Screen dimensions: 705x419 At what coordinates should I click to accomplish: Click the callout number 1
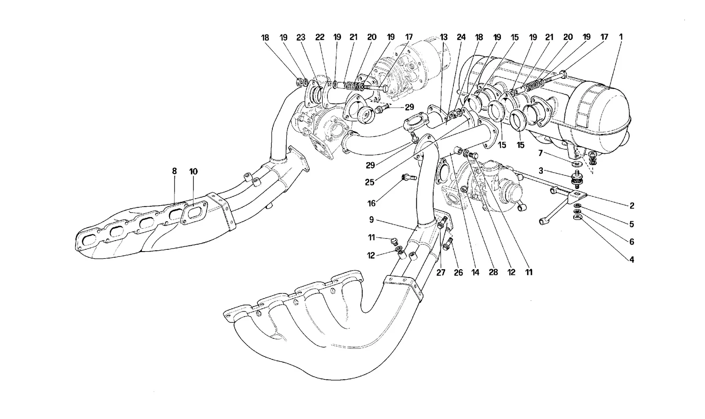click(x=621, y=37)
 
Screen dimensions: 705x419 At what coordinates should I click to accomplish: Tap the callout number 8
click(x=174, y=171)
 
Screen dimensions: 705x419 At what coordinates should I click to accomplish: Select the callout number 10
click(x=193, y=171)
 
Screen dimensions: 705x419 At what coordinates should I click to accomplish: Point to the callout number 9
click(x=371, y=219)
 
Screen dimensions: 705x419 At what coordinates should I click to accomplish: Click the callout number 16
click(x=372, y=204)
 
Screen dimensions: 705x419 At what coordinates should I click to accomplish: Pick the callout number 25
click(x=370, y=182)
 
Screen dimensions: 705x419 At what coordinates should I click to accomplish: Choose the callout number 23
click(x=301, y=37)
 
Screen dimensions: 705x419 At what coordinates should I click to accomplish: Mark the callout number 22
click(x=320, y=37)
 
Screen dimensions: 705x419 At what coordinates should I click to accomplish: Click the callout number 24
click(x=461, y=37)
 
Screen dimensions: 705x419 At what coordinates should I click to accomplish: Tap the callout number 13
click(x=443, y=37)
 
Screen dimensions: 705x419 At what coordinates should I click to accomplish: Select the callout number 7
click(x=540, y=153)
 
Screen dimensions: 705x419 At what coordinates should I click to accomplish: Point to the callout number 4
click(x=631, y=260)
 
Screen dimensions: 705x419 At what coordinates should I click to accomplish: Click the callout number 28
click(x=493, y=272)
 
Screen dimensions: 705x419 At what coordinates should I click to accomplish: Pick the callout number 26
click(x=458, y=273)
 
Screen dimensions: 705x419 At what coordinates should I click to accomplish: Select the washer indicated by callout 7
click(x=576, y=164)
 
